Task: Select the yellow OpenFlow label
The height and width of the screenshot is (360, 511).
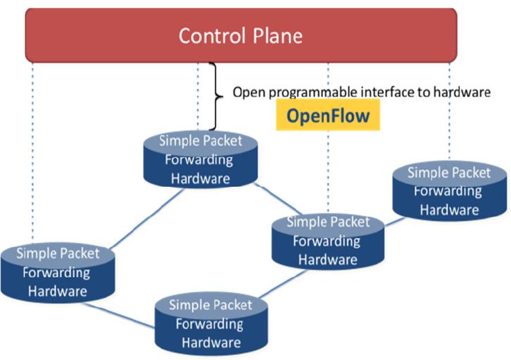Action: (328, 116)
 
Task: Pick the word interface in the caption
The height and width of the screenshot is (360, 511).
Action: (381, 92)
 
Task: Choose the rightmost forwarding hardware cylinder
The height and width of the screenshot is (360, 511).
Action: (449, 192)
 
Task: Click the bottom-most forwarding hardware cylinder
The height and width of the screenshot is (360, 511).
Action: (211, 325)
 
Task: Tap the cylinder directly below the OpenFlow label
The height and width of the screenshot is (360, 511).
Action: (327, 242)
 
